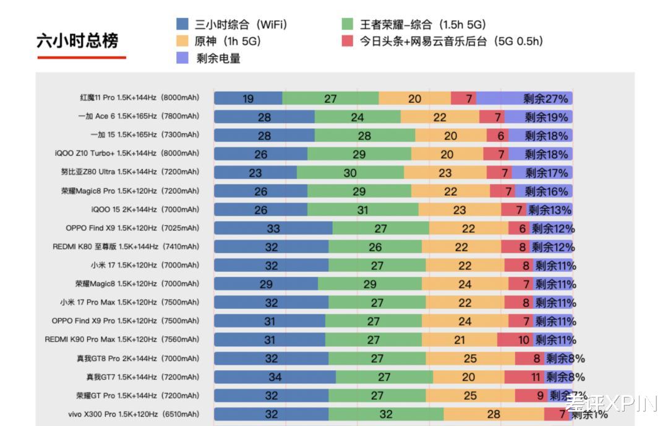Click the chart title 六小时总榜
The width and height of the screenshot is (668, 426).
pyautogui.click(x=77, y=41)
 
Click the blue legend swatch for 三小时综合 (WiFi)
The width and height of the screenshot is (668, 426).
pyautogui.click(x=182, y=25)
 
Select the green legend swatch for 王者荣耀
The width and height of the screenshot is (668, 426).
pyautogui.click(x=348, y=25)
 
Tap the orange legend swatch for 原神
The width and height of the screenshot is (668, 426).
pyautogui.click(x=182, y=41)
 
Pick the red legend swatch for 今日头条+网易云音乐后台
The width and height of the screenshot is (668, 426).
pyautogui.click(x=348, y=41)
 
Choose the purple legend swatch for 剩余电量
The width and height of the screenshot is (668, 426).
pyautogui.click(x=182, y=58)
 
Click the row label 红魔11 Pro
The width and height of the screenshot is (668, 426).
pyautogui.click(x=140, y=98)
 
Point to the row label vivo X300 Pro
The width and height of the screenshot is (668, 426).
pyautogui.click(x=134, y=414)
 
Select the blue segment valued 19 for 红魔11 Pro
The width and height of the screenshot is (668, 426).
pyautogui.click(x=248, y=98)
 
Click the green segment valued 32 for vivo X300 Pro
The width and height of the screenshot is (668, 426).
pyautogui.click(x=386, y=414)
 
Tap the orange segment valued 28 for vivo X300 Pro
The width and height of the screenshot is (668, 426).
pyautogui.click(x=494, y=414)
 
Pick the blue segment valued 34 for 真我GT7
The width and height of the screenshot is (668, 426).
pyautogui.click(x=275, y=377)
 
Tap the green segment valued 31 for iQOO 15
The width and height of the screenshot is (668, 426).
pyautogui.click(x=362, y=210)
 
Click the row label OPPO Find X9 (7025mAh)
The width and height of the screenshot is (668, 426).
pyautogui.click(x=132, y=228)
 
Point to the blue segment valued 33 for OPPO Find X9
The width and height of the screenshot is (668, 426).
pyautogui.click(x=273, y=228)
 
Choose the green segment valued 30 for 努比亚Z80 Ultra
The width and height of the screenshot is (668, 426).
pyautogui.click(x=350, y=173)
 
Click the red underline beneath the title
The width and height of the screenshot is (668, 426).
pyautogui.click(x=82, y=58)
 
